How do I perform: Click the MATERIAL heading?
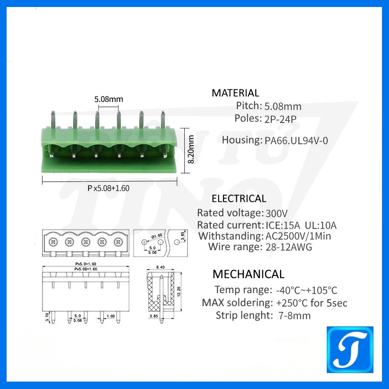[235, 93]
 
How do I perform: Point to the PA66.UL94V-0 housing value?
[296, 140]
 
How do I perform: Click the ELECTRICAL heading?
[239, 199]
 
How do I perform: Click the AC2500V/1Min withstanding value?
[298, 236]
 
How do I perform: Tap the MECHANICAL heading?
[248, 274]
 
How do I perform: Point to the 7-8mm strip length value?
[294, 315]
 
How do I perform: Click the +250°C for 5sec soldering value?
[312, 303]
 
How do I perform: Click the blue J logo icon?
[350, 350]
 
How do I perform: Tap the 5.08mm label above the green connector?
[109, 99]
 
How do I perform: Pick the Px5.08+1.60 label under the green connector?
[108, 188]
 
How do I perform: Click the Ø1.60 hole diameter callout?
[157, 236]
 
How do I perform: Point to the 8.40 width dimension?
[160, 267]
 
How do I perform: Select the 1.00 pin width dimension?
[110, 316]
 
